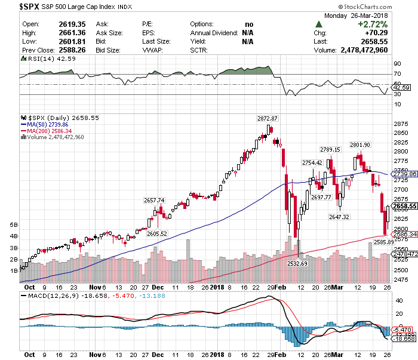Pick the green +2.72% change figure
click(x=371, y=24)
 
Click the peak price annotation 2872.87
click(x=268, y=119)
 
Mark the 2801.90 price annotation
click(x=360, y=144)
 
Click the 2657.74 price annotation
click(x=154, y=200)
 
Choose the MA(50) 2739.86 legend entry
click(x=51, y=124)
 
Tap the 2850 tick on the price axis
click(x=401, y=133)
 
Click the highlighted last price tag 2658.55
click(x=403, y=206)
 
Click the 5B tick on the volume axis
click(x=13, y=226)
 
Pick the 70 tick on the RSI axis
click(x=397, y=74)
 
